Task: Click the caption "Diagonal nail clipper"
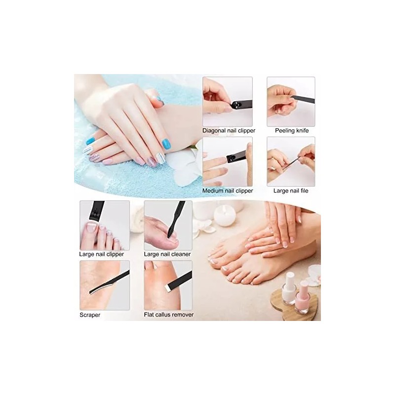[228, 131]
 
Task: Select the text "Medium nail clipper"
[228, 191]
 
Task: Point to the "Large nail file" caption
[291, 191]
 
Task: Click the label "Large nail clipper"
[101, 254]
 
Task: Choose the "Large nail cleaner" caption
[167, 254]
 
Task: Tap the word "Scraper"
[90, 315]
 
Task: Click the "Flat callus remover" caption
[168, 315]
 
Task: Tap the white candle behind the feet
[225, 215]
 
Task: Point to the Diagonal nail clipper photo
[228, 101]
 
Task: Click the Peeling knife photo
[291, 101]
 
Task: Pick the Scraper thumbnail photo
[105, 285]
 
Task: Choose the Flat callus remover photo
[168, 285]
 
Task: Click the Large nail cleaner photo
[168, 225]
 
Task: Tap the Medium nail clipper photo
[228, 161]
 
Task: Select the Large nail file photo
[291, 161]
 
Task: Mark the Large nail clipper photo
[105, 225]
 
